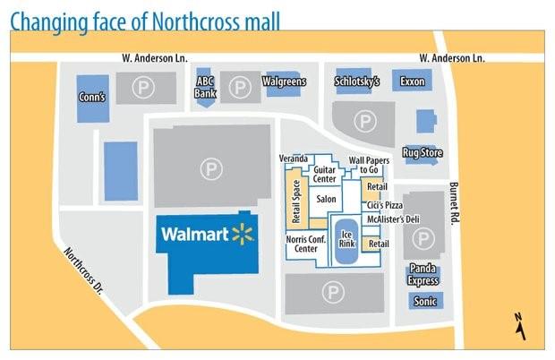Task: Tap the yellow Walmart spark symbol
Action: [x=242, y=235]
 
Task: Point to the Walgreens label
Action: [x=284, y=82]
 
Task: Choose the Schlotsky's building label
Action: [x=357, y=81]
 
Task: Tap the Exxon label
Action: [x=414, y=81]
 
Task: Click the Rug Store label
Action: [x=423, y=153]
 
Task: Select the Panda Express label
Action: [x=423, y=273]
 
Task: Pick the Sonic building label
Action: [x=425, y=302]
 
